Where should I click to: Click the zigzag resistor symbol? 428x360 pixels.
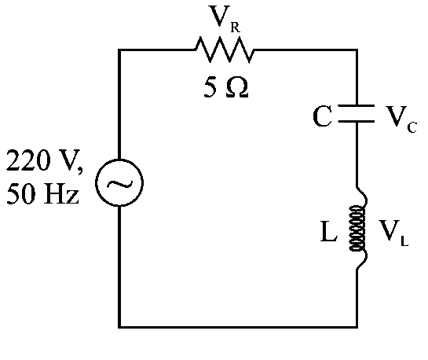(225, 50)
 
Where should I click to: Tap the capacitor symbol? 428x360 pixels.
(357, 113)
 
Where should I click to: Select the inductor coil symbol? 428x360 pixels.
(357, 228)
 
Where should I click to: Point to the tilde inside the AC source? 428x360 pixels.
(119, 184)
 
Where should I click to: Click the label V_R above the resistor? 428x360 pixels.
(225, 18)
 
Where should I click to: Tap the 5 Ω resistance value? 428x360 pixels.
(226, 87)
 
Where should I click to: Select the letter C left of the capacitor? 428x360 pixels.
(322, 116)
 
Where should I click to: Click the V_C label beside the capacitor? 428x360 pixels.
(401, 119)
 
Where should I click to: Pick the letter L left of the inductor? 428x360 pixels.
(328, 232)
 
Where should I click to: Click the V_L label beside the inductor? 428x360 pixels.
(393, 233)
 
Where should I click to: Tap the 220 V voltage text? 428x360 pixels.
(44, 160)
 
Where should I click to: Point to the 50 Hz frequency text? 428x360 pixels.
(43, 193)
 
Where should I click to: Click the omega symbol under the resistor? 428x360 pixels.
(237, 88)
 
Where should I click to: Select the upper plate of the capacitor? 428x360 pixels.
(357, 105)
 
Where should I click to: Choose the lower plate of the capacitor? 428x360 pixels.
(357, 121)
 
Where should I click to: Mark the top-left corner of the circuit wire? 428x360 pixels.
(119, 50)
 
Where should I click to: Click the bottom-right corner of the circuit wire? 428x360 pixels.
(357, 327)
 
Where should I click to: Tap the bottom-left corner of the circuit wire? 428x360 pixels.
(119, 327)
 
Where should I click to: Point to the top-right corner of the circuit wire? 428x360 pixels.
(357, 50)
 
